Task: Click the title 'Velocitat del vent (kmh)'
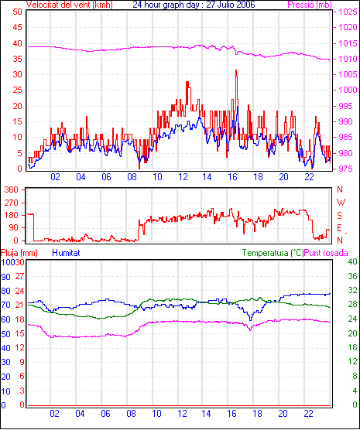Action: click(x=69, y=5)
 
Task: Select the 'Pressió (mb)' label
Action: click(x=310, y=5)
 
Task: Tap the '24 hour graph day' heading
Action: click(x=169, y=5)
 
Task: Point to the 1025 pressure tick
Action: click(x=348, y=12)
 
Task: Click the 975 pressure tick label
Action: click(x=348, y=169)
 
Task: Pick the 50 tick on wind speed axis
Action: click(x=17, y=12)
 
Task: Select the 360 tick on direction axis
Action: click(x=12, y=189)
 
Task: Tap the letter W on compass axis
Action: click(x=341, y=203)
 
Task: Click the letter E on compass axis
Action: click(x=340, y=228)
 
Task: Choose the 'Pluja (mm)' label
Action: click(x=19, y=253)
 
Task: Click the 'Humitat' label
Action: click(x=66, y=253)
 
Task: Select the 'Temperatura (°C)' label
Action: click(x=273, y=253)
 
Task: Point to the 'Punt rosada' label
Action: click(x=326, y=253)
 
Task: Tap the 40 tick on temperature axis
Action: click(x=352, y=261)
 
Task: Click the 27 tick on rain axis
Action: click(x=19, y=276)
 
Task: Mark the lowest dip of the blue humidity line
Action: click(x=250, y=319)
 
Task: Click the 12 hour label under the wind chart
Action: click(x=183, y=177)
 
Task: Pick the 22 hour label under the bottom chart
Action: click(x=308, y=414)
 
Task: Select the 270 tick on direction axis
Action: click(x=12, y=203)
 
